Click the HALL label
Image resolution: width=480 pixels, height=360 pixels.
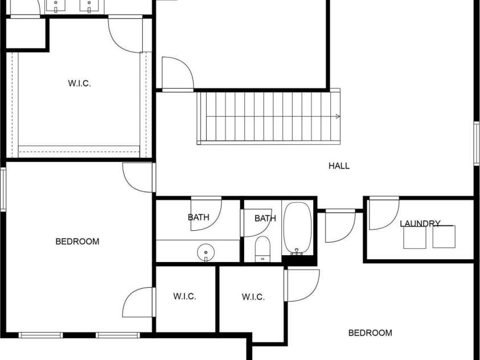click(339, 166)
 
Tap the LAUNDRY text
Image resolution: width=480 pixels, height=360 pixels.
click(420, 223)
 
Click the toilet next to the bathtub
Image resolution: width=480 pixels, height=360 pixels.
click(262, 249)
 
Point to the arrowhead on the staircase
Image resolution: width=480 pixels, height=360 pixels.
click(338, 117)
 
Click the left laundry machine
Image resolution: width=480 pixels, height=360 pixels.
click(415, 238)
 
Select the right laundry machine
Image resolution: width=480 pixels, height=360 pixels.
click(444, 237)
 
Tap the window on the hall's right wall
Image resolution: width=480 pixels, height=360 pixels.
click(476, 144)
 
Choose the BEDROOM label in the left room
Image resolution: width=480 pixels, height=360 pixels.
click(77, 242)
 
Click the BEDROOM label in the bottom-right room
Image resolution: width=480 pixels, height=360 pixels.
click(370, 333)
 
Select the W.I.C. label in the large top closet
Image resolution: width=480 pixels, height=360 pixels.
click(79, 83)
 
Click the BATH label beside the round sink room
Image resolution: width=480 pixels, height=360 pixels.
click(265, 218)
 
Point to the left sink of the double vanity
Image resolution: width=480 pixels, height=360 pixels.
click(56, 6)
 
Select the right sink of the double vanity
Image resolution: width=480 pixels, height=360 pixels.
click(89, 6)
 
